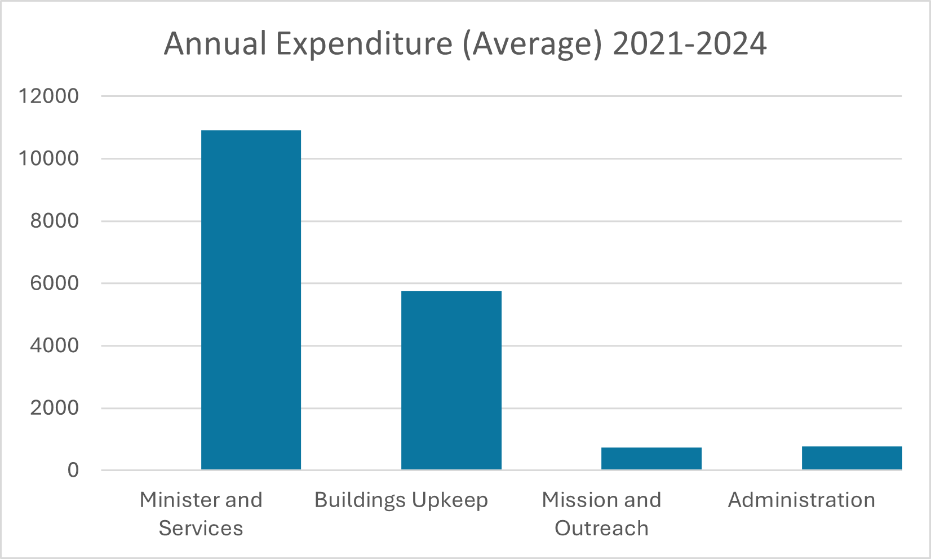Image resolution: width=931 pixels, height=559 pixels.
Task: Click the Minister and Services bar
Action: (x=251, y=300)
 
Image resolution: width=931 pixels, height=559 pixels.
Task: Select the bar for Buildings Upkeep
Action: (x=451, y=380)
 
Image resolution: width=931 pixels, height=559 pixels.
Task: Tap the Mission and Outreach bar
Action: (x=651, y=458)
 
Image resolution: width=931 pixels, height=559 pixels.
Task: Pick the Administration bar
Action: (x=852, y=458)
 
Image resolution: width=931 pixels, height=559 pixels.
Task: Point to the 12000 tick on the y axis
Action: (x=49, y=96)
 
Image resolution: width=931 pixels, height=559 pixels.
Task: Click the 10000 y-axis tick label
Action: (x=49, y=159)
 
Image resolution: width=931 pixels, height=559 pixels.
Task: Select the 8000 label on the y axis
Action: (x=55, y=221)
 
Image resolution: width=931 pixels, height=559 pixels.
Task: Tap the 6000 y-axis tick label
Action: (x=55, y=283)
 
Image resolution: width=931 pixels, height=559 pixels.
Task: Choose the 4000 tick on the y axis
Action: (x=55, y=345)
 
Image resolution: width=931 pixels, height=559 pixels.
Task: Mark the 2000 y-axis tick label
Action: (x=55, y=408)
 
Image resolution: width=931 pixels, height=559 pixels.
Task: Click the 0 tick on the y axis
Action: (x=73, y=470)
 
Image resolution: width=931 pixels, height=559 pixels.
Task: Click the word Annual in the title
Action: (x=215, y=44)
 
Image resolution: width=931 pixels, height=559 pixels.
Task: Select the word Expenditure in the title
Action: (x=364, y=44)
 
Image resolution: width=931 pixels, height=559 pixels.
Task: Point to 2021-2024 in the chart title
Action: (x=689, y=44)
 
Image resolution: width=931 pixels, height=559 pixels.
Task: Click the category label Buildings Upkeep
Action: (x=401, y=500)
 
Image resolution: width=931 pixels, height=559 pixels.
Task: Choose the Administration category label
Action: (x=801, y=500)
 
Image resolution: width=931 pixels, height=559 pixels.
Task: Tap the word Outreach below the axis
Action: (x=601, y=529)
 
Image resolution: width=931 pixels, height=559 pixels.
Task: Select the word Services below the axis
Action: (x=201, y=529)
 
